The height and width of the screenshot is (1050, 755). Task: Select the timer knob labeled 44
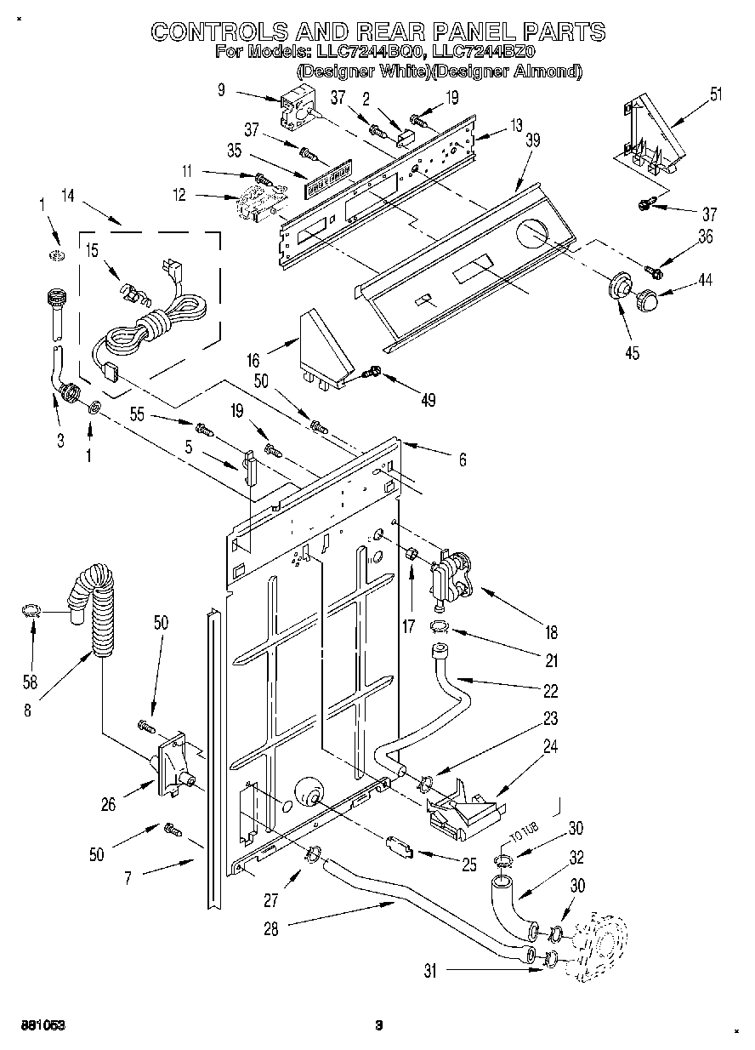click(650, 300)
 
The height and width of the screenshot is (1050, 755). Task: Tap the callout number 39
click(532, 141)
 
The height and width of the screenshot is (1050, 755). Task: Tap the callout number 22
click(551, 690)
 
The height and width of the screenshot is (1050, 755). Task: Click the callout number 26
click(108, 804)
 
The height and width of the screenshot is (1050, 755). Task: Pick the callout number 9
click(221, 88)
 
